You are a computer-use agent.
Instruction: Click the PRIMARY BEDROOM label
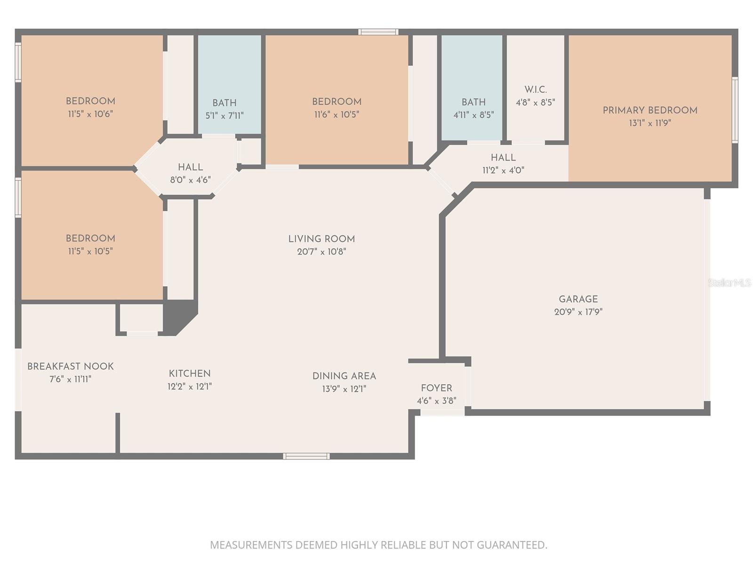[x=650, y=110]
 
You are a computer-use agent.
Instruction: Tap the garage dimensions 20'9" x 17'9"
[x=578, y=312]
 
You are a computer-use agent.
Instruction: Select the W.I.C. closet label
[x=536, y=89]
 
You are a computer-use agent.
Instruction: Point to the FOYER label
[x=436, y=388]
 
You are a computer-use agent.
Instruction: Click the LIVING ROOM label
[x=321, y=239]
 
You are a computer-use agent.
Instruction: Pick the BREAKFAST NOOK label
[x=71, y=366]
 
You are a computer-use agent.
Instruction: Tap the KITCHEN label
[x=190, y=373]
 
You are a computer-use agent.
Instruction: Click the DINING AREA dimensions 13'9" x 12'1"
[x=344, y=389]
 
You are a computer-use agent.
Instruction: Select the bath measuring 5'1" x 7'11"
[x=224, y=108]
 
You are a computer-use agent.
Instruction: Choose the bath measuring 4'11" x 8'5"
[x=473, y=108]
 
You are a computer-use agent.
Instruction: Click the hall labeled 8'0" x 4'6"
[x=190, y=173]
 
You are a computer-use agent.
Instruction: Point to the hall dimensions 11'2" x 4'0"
[x=503, y=170]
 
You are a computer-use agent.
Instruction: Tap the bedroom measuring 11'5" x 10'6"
[x=90, y=107]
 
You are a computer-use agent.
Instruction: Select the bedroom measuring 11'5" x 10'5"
[x=90, y=244]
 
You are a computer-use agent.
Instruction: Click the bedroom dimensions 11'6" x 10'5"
[x=336, y=114]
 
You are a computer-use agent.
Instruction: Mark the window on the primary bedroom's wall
[x=735, y=110]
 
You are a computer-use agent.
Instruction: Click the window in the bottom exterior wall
[x=306, y=456]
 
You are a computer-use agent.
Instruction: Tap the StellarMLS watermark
[x=729, y=282]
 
